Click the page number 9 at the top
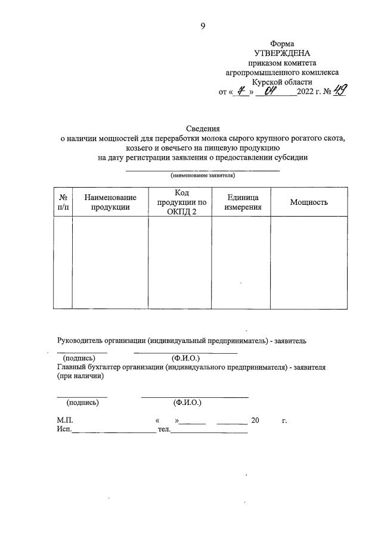[203, 25]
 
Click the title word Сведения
[203, 129]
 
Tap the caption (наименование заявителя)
[202, 176]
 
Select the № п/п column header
[63, 202]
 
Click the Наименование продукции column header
[110, 202]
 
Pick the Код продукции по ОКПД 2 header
[185, 202]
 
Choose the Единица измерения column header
[243, 202]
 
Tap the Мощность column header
[309, 202]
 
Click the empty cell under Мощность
[309, 262]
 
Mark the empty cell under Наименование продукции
[110, 262]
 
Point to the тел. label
[163, 429]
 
